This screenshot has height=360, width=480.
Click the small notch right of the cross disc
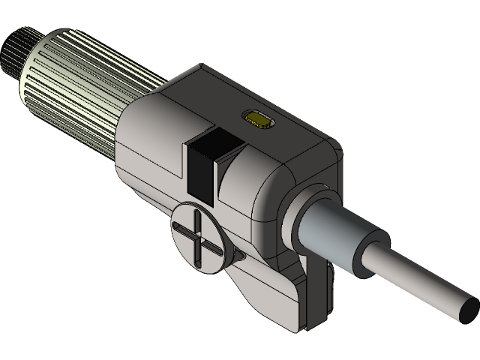coord(238,256)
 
